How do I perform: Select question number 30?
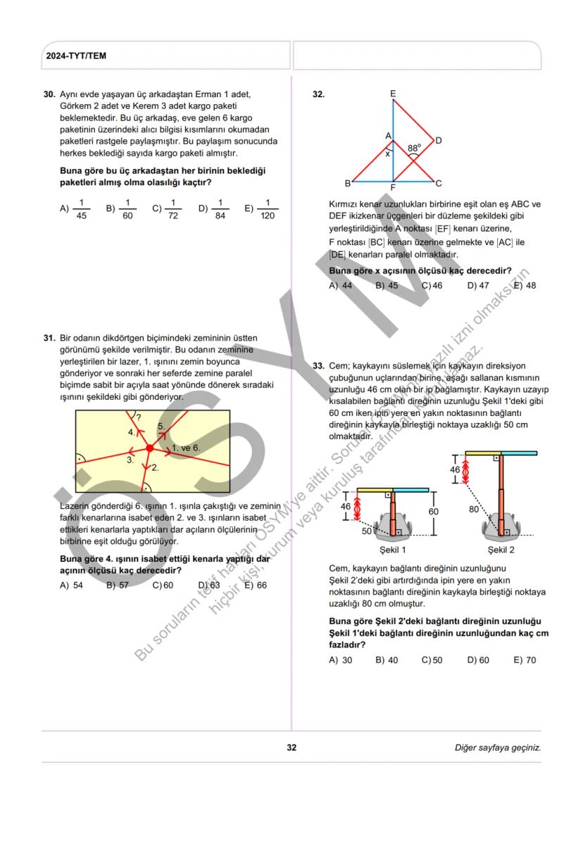[49, 94]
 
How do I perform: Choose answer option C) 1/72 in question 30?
[168, 208]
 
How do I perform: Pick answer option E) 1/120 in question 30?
[260, 208]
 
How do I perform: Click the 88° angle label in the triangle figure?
[414, 149]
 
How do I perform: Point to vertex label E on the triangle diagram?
[392, 94]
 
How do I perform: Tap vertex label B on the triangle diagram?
[347, 184]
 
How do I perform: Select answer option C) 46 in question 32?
[432, 286]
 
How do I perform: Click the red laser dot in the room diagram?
[149, 448]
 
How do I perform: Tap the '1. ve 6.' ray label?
[186, 448]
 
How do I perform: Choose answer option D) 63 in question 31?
[209, 585]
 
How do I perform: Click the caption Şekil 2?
[501, 549]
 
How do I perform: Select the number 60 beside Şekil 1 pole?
[433, 512]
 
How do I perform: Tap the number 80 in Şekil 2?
[474, 509]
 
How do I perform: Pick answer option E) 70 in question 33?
[525, 660]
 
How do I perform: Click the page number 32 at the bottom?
[291, 747]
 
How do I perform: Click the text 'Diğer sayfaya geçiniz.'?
[498, 747]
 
